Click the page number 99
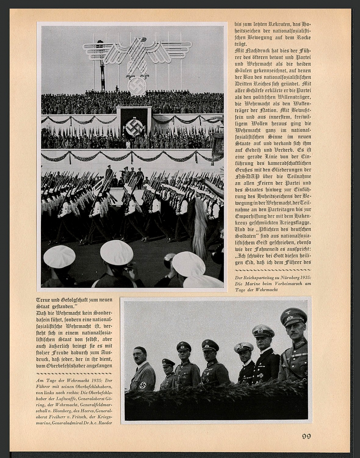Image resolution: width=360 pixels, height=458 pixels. pos(306,436)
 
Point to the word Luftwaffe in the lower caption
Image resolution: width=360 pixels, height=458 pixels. pos(65,399)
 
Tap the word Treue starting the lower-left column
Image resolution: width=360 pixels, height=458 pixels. pos(43,300)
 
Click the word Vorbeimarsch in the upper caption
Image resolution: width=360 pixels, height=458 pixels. pos(283,284)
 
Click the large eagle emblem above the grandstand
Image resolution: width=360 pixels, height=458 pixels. pos(137,56)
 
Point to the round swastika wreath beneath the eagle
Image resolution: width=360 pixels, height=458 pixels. pos(137,86)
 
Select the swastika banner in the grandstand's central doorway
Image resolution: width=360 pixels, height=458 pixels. pos(134,126)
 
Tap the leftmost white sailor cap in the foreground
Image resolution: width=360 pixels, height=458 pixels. pos(60,256)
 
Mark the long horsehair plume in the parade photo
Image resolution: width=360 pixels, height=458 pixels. pos(200,226)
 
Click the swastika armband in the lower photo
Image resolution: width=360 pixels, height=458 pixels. pos(143,385)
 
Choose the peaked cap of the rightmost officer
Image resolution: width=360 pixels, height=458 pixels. pos(293,316)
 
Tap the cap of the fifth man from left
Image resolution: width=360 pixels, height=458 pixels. pos(244,347)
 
